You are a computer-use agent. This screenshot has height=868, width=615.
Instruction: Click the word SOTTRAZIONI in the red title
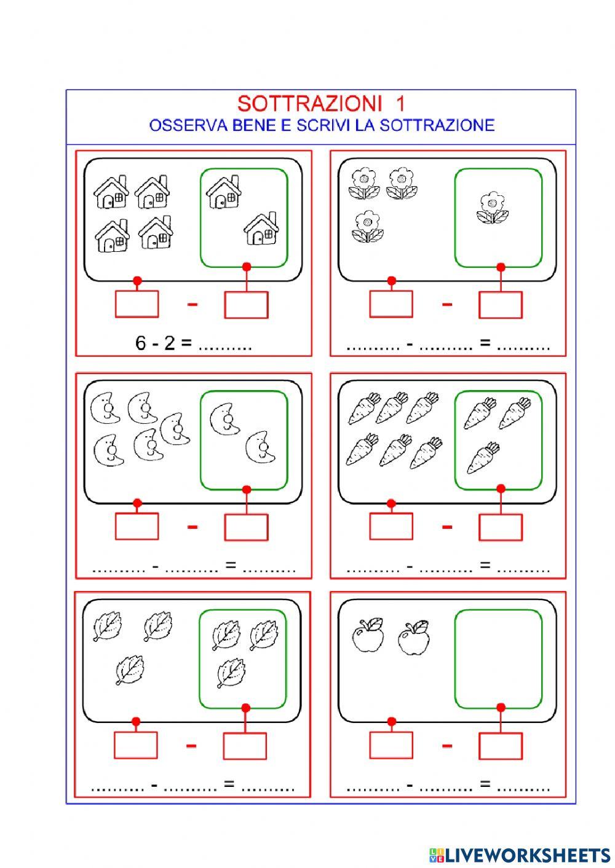coord(309,103)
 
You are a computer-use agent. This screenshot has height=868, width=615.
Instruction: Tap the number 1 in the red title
coord(400,103)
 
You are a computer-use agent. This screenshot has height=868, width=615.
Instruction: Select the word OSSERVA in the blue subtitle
coord(188,125)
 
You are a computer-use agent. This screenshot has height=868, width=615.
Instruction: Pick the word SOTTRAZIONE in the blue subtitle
coord(437,125)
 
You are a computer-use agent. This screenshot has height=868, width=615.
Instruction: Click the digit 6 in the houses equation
coord(140,343)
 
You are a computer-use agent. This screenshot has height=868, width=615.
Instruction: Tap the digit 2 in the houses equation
coord(170,343)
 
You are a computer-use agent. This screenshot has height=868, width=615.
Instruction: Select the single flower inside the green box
coord(493,208)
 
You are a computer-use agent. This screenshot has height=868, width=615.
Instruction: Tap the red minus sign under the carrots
coord(447,527)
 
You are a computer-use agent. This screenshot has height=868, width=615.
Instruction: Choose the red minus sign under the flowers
coord(447,304)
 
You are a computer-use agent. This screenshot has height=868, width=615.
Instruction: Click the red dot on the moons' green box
coord(247,490)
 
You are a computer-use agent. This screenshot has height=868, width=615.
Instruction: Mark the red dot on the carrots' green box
coord(501,488)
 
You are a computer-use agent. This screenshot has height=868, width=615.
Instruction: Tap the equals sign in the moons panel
coord(231,565)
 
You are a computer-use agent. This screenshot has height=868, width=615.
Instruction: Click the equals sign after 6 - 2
coord(186,342)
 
